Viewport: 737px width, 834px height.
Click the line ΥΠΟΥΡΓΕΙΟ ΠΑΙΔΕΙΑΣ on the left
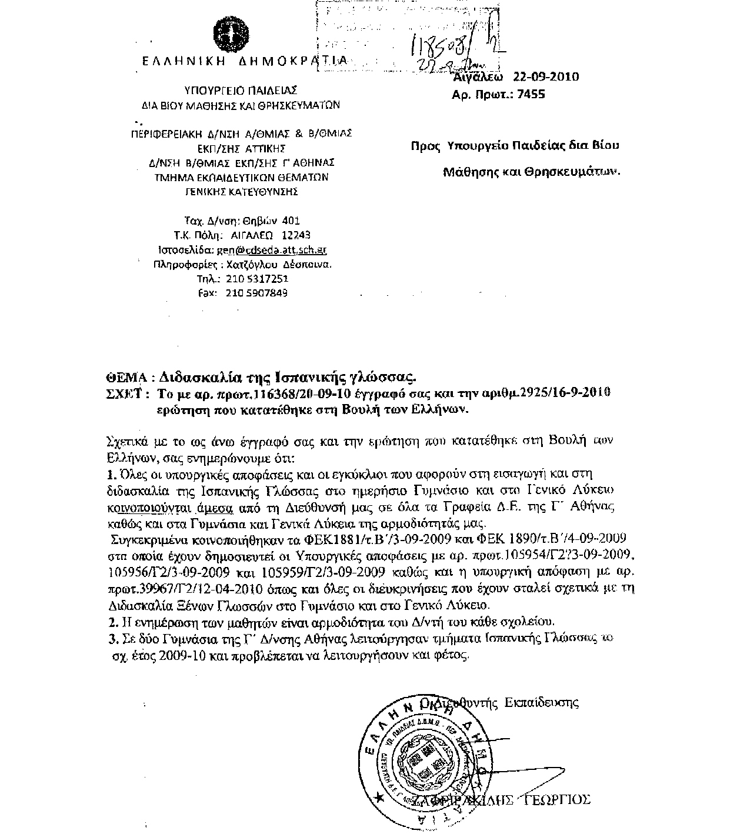(x=241, y=91)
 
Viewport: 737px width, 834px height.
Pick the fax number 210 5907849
(x=257, y=293)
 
